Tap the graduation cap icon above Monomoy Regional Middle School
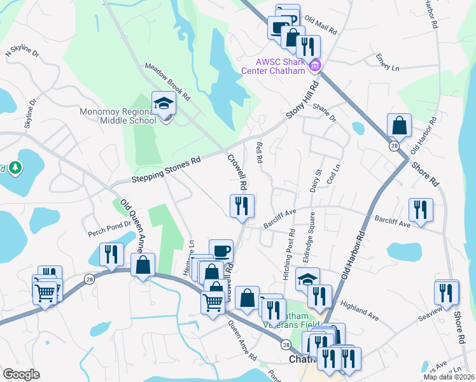point(164,103)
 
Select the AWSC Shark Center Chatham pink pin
point(314,65)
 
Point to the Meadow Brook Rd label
point(168,82)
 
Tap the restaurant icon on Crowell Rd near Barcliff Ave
point(241,206)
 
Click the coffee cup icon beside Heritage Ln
point(221,251)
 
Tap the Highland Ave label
point(360,310)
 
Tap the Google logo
point(21,374)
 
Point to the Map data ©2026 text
point(448,377)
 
